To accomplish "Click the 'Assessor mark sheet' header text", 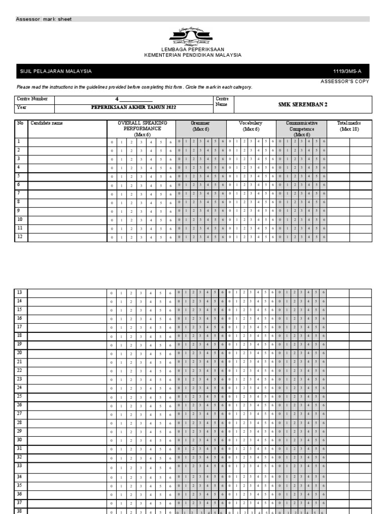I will click(x=44, y=19).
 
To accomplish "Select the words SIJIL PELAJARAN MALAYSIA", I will click(x=56, y=71).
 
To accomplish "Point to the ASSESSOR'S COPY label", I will click(x=344, y=81).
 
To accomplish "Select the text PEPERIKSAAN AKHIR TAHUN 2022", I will click(x=134, y=108).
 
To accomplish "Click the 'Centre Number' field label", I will click(x=33, y=99).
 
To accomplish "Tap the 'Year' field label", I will click(x=21, y=107).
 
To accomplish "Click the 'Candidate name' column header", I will click(x=47, y=123).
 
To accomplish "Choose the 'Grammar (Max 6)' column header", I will click(x=201, y=125).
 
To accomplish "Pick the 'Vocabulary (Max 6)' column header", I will click(x=251, y=125).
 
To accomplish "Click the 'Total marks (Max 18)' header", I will click(x=349, y=125).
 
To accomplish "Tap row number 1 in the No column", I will click(x=19, y=142).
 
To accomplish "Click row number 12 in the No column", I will click(x=20, y=236).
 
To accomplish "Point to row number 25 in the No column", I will click(x=20, y=396).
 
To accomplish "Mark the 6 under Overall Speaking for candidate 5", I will click(x=170, y=177).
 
